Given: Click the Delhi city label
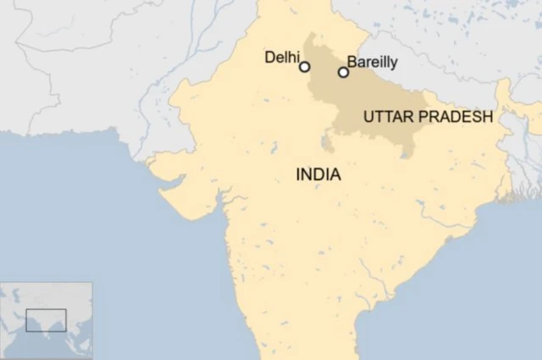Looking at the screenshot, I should coord(282,57).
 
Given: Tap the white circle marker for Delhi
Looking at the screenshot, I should coord(305,67).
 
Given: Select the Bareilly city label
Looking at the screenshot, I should coord(372,62).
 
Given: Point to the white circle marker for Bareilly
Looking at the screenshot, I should coord(343,72).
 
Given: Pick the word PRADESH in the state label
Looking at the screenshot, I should coord(454,117).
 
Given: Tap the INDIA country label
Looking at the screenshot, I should coord(318,175).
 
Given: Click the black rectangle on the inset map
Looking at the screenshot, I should coord(46,319).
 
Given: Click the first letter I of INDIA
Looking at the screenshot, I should coord(298,175).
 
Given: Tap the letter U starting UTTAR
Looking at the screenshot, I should coord(368,117).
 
